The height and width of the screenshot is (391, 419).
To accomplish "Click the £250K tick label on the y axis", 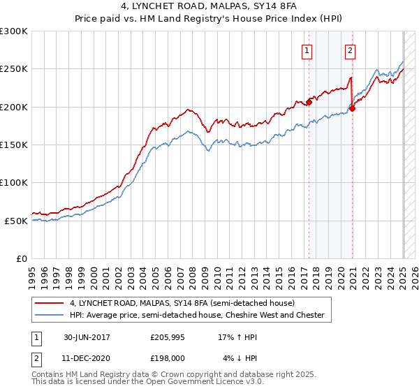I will coord(14,69).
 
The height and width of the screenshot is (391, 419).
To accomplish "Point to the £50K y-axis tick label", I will coord(16,221).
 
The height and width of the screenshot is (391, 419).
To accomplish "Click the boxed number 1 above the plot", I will coord(307,50).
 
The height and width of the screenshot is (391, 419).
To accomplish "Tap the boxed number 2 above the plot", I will coord(349,50).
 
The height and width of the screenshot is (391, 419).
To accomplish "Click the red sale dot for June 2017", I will coord(309,103).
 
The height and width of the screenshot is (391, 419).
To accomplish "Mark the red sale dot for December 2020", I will coord(353,108).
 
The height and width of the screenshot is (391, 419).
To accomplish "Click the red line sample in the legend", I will coord(50,303).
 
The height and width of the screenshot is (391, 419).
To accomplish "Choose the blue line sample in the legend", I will coord(50,315).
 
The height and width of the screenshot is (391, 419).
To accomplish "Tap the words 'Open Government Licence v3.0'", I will coord(206,382).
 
